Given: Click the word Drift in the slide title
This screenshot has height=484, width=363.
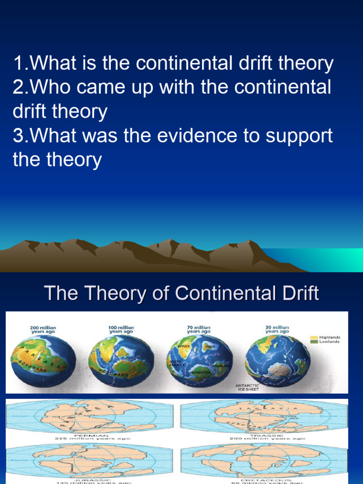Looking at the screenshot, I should pos(298,294).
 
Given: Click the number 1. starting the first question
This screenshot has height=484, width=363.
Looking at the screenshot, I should pos(21,63).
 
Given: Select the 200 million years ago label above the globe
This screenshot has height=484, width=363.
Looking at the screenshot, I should pos(43,329).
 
